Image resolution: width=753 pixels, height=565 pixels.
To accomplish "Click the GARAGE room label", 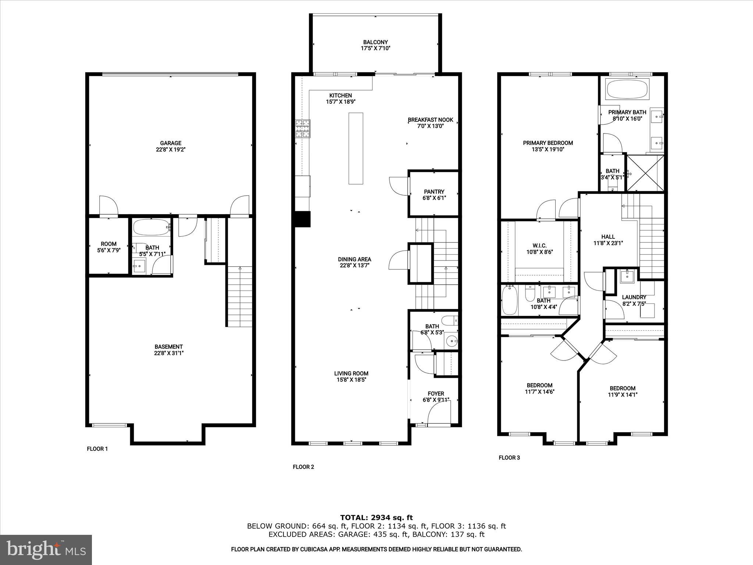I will [x=171, y=143].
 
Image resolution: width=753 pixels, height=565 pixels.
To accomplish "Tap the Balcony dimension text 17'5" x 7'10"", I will [x=375, y=48].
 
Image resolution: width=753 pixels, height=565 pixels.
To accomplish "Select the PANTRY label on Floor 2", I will [x=434, y=192].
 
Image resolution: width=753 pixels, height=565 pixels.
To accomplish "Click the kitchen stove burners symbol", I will [x=302, y=129].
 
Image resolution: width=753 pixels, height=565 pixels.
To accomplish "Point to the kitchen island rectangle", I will [x=356, y=148].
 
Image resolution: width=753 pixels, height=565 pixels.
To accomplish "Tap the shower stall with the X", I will [x=645, y=173].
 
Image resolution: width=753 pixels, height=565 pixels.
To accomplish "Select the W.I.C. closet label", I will [x=539, y=246].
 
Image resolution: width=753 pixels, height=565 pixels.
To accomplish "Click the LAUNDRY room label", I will [x=634, y=297].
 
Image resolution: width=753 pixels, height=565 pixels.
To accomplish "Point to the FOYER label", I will [x=436, y=394].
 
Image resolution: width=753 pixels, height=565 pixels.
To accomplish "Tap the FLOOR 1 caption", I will [x=97, y=449].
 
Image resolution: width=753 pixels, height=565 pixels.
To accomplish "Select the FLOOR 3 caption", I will [x=509, y=458].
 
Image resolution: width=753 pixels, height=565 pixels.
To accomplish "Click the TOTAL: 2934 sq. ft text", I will [x=376, y=518].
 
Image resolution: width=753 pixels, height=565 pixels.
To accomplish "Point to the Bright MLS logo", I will [x=46, y=550].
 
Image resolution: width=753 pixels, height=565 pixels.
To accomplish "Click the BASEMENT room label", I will [x=168, y=347].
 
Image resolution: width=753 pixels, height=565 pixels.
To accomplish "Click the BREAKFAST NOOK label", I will [x=430, y=120].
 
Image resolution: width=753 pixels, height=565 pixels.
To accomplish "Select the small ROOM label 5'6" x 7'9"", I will [x=108, y=244].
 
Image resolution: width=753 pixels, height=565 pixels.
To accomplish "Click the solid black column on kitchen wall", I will [x=303, y=219].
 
